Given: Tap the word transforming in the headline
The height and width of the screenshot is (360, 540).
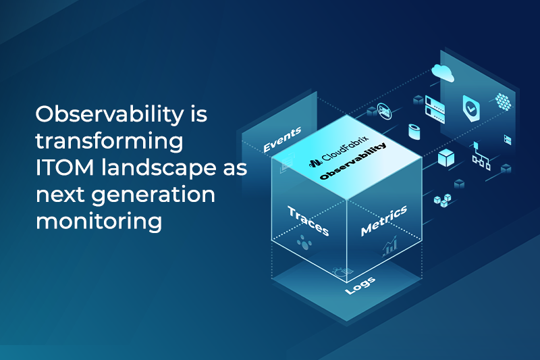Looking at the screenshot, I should pyautogui.click(x=109, y=142).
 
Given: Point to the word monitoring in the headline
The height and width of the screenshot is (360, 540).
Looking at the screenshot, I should pyautogui.click(x=99, y=222).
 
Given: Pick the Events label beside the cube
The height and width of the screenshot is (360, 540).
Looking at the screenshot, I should pyautogui.click(x=281, y=138).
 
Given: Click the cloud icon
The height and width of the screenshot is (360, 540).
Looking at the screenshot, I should pyautogui.click(x=444, y=71).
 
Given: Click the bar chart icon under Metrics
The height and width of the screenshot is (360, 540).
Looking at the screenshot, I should pyautogui.click(x=389, y=248).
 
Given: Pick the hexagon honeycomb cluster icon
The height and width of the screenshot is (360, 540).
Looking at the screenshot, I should pyautogui.click(x=503, y=101).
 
